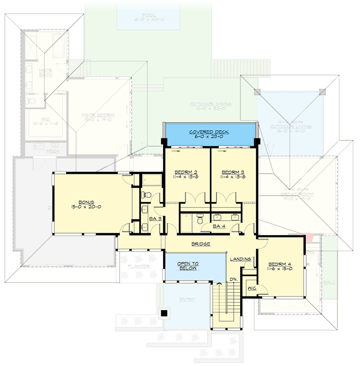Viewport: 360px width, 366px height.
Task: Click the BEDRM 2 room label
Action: click(183, 172)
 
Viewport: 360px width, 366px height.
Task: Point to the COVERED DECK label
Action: click(209, 132)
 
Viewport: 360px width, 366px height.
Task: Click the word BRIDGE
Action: click(201, 244)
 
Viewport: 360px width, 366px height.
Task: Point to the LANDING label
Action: click(241, 259)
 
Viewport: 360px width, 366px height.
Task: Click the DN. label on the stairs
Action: click(233, 280)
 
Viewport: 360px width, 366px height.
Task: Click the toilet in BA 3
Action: click(144, 194)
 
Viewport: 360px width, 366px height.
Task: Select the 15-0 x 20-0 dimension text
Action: click(87, 207)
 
